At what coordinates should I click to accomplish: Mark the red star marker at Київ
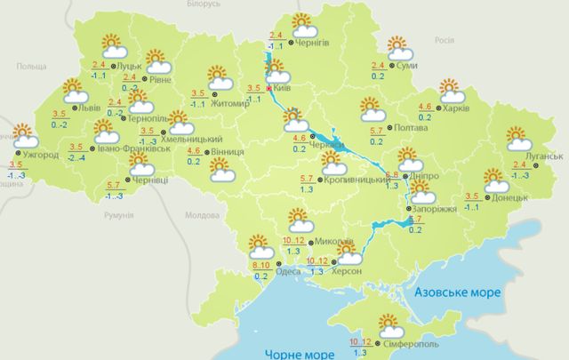(269, 89)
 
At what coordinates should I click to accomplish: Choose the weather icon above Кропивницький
(334, 164)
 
